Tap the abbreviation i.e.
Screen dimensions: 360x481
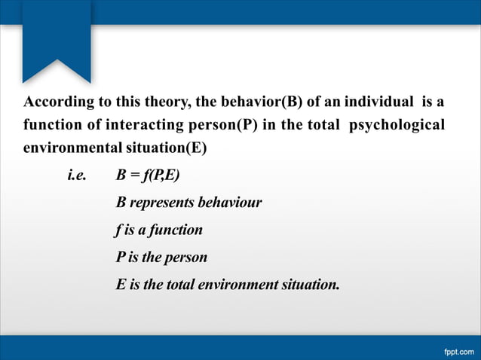(77, 176)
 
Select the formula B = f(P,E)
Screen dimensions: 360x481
(148, 176)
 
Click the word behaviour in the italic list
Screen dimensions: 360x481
(229, 203)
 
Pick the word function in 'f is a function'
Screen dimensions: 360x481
(175, 230)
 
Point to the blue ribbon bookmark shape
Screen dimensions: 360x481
(57, 38)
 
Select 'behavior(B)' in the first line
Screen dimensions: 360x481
(231, 102)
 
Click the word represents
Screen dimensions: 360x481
(161, 203)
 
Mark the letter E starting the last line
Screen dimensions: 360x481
(121, 285)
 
